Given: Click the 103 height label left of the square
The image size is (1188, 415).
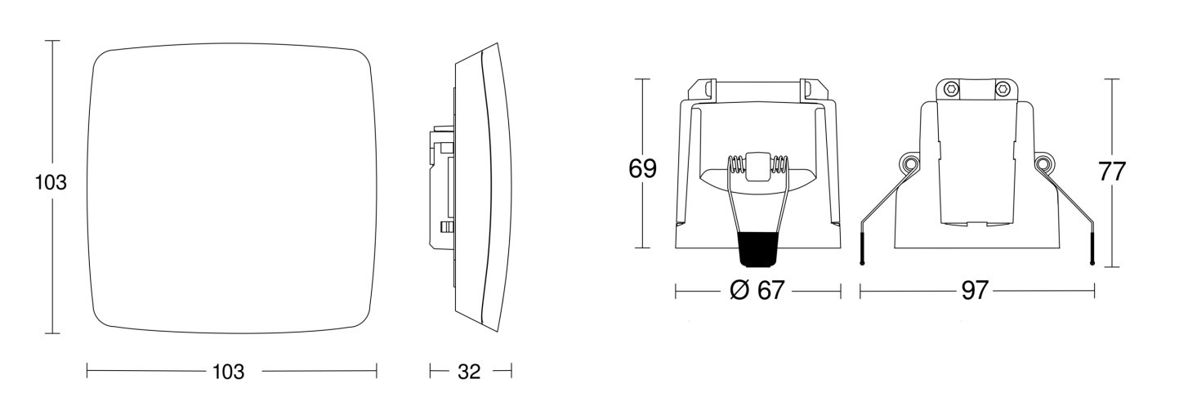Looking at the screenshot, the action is (51, 182).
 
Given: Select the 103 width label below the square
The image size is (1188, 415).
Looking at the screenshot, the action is (229, 372).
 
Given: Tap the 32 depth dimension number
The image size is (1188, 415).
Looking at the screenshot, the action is (469, 372).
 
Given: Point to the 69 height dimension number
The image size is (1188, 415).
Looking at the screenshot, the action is (642, 168).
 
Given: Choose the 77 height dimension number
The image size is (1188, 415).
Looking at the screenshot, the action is (1111, 172).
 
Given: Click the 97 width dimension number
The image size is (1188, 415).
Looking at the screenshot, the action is (975, 291).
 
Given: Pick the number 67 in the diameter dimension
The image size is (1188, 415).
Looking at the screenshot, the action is (770, 291).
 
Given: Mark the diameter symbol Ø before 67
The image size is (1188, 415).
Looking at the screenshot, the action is (739, 291).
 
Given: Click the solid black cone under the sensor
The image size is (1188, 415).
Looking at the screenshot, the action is (757, 249).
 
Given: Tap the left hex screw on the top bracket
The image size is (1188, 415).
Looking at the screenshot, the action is (953, 90).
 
